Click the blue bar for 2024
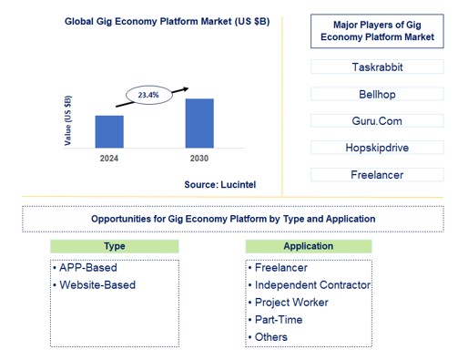pos(109,130)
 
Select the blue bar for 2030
pos(199,122)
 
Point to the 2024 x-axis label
pos(109,158)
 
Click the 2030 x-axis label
pos(199,158)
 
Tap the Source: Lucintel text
pos(220,184)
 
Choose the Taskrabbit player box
pos(377,67)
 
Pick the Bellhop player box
pos(377,94)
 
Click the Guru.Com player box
pos(377,120)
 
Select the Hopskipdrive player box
pos(377,148)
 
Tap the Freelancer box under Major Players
pos(377,174)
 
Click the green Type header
pos(115,246)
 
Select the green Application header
pos(308,246)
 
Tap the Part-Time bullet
pos(279,320)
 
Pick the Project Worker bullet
pos(291,303)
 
